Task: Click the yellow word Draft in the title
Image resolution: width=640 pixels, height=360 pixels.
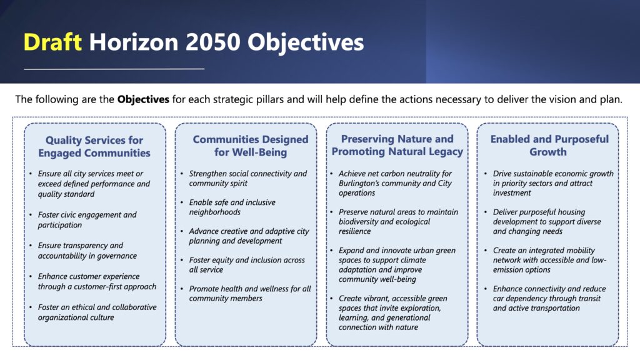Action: (x=52, y=42)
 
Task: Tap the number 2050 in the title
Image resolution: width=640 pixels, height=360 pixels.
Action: (x=212, y=42)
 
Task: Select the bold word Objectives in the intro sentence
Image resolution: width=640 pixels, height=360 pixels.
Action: (x=143, y=99)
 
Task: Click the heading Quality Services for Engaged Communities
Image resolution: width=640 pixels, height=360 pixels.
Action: (x=94, y=146)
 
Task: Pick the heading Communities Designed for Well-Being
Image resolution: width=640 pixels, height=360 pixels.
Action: (x=251, y=146)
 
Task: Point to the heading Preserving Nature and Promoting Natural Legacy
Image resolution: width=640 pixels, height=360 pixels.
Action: (x=397, y=145)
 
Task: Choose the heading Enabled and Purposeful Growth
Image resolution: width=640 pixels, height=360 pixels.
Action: (x=549, y=145)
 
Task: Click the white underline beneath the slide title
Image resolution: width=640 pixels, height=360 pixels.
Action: (x=114, y=69)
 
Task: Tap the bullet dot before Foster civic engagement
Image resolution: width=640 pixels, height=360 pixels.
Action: (x=31, y=215)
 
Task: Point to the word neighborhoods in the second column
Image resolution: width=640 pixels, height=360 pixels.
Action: (x=215, y=212)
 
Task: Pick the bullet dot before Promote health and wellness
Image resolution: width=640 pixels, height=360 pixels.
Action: (x=182, y=289)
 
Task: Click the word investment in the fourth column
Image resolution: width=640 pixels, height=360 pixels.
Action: (x=512, y=193)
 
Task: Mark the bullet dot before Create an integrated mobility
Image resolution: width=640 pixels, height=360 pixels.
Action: (x=486, y=251)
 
